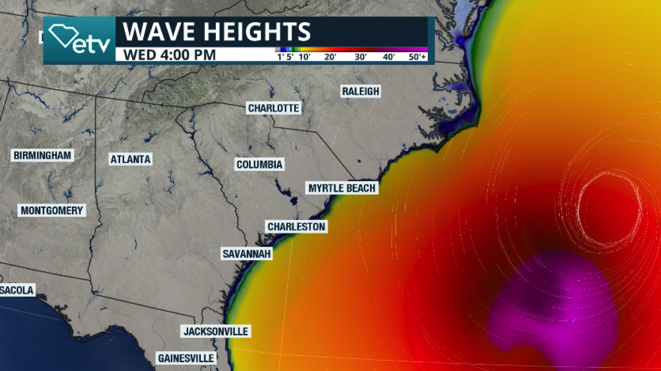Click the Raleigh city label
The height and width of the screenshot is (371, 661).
(x=361, y=91)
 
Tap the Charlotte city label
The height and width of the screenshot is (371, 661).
(x=273, y=108)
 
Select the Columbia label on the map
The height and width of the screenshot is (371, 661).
(x=259, y=164)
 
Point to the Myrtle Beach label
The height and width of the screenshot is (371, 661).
(x=342, y=188)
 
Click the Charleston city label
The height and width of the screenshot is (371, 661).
(x=296, y=227)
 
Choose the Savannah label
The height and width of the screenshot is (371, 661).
(x=246, y=254)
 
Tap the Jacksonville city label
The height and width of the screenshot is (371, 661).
(x=216, y=332)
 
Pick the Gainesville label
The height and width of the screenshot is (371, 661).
(x=186, y=358)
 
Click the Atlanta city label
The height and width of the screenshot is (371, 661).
(x=130, y=160)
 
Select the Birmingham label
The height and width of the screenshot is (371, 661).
(x=42, y=155)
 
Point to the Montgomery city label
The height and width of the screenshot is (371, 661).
(x=52, y=211)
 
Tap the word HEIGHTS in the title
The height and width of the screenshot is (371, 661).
(x=261, y=32)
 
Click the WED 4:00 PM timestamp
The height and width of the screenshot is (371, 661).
(x=170, y=55)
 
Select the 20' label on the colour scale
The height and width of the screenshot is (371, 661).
(x=330, y=57)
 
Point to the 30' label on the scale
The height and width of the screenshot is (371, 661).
(x=361, y=57)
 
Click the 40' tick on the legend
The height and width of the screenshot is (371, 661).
(x=389, y=57)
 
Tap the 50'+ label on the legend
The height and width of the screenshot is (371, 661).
(x=418, y=57)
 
